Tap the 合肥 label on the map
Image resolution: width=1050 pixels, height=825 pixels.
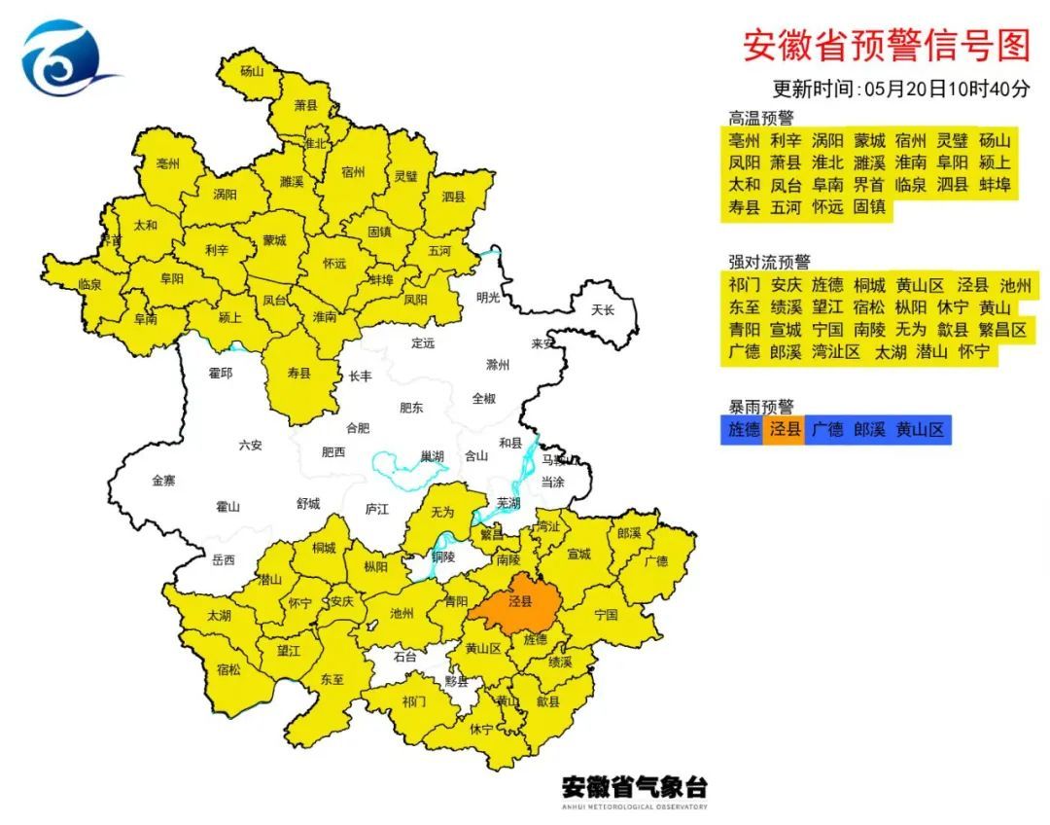[358, 427]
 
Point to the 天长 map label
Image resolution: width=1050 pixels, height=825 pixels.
[604, 309]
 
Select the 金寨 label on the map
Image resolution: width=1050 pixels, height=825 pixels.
[163, 481]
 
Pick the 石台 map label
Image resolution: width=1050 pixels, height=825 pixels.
[404, 657]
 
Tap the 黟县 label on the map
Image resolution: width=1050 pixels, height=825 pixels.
[456, 681]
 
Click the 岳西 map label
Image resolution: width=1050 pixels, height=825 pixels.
[223, 559]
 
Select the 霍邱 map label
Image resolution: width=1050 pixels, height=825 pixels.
[221, 373]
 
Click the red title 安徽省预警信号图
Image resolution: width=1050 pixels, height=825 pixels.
[886, 45]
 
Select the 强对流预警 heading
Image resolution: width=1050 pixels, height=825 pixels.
[769, 262]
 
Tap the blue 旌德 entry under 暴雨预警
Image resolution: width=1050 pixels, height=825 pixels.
[743, 429]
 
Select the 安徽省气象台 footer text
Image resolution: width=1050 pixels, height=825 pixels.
[634, 786]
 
